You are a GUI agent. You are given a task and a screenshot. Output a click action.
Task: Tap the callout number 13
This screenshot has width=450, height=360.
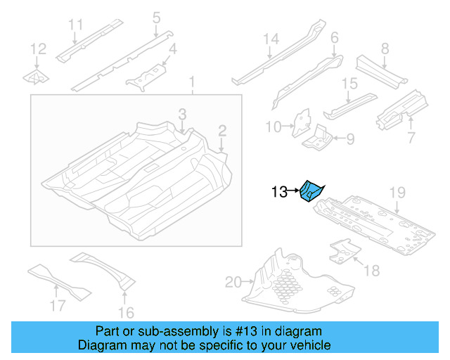278,191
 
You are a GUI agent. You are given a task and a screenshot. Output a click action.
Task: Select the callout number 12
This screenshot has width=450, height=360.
38,49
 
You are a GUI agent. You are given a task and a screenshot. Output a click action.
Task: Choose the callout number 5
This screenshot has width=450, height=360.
156,16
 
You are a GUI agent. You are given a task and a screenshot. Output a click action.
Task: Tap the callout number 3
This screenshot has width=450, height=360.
181,113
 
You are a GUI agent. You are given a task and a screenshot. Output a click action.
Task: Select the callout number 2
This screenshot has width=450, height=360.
221,129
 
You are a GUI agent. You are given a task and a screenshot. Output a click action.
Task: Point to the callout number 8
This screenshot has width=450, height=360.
384,49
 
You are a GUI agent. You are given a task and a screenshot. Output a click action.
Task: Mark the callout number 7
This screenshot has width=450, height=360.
411,134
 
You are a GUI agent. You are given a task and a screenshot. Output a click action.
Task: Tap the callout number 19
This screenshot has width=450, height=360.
397,192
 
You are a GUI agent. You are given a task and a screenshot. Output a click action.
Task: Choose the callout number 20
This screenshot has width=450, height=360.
233,283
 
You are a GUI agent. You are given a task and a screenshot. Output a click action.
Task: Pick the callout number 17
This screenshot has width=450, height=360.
57,305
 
